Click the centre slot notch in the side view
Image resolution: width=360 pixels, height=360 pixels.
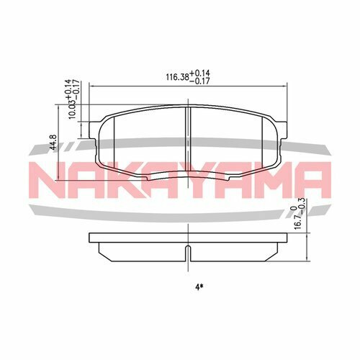[x=186, y=253]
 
